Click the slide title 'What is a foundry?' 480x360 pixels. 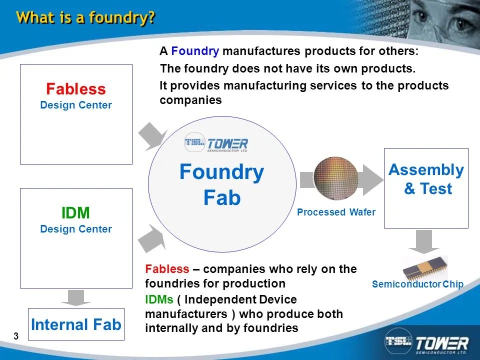click(85, 18)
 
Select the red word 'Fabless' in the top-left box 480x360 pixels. click(76, 89)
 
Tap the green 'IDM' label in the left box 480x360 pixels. click(75, 213)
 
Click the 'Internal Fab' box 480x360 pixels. click(76, 325)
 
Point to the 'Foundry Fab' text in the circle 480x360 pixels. click(221, 185)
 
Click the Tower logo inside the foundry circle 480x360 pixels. click(215, 143)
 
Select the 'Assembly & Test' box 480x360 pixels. click(426, 187)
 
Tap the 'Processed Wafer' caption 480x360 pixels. click(336, 212)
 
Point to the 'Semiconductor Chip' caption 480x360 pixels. click(418, 284)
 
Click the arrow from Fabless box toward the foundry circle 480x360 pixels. click(152, 136)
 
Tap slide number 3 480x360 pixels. click(16, 336)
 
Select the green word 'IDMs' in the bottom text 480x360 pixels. click(159, 299)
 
